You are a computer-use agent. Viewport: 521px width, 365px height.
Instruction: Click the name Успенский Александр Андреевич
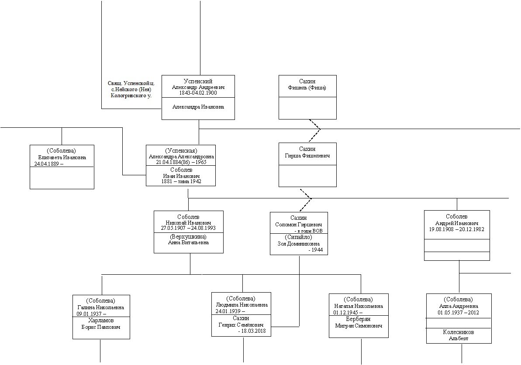198,84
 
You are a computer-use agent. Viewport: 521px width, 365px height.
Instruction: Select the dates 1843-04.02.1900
198,93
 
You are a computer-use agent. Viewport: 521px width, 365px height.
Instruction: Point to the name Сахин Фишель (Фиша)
307,85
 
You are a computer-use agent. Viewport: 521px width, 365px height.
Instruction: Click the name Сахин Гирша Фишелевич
308,153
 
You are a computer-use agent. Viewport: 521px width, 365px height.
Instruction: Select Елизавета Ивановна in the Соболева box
62,157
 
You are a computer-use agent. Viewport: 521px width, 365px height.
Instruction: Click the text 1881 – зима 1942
181,181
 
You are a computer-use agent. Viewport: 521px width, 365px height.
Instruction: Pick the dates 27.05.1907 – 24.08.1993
188,228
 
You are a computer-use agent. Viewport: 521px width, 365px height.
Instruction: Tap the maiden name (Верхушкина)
188,236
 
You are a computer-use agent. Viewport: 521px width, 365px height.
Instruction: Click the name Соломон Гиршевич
299,224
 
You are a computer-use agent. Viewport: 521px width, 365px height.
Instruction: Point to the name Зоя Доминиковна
299,244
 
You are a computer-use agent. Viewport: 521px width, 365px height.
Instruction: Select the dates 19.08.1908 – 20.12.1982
457,229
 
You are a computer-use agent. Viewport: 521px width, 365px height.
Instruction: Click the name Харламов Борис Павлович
101,323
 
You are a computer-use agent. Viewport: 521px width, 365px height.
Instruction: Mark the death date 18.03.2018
254,331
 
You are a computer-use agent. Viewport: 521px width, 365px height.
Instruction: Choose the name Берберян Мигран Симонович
359,322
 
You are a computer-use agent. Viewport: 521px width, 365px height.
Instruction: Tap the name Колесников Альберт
459,335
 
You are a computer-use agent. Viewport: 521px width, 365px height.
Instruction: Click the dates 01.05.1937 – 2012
459,312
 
